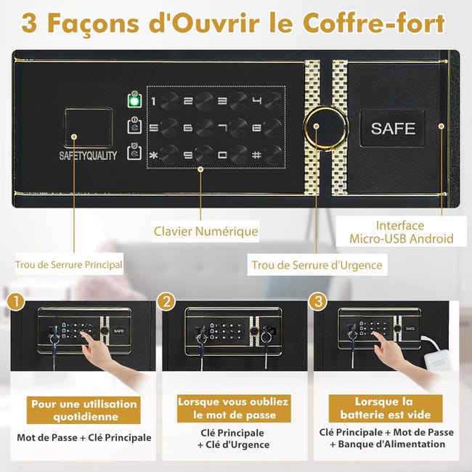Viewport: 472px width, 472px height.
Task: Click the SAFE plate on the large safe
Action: (393, 129)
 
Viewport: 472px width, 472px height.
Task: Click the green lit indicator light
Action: (134, 100)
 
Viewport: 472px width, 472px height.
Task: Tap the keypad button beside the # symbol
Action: (274, 153)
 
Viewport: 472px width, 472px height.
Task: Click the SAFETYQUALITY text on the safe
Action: (88, 155)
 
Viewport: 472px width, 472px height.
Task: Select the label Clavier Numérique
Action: (206, 232)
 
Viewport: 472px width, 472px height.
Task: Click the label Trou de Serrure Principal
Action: (69, 265)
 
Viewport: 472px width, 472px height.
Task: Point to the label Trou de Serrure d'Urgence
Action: (317, 265)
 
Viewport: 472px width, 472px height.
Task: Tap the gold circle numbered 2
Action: (168, 301)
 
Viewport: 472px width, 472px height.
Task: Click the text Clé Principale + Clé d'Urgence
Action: (234, 438)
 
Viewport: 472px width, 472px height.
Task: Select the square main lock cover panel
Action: (89, 129)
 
